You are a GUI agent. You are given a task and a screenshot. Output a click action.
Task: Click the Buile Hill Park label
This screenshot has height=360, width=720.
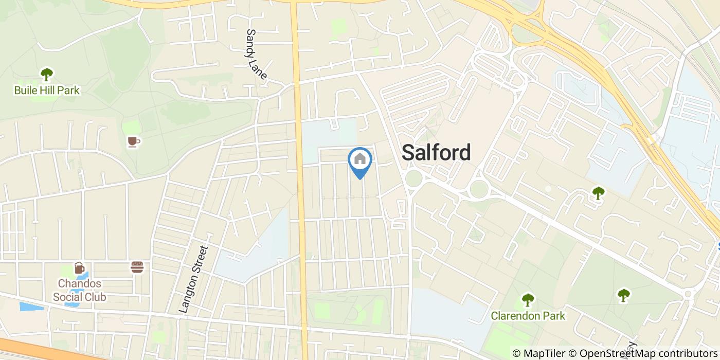47,91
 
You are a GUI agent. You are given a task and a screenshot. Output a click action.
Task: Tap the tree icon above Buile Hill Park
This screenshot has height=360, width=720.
47,74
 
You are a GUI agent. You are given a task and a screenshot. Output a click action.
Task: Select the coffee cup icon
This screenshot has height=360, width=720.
133,141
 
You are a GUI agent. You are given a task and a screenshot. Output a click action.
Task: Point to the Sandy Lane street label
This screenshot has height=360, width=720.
256,54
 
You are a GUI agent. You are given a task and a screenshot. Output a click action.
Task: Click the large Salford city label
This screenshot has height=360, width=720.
436,153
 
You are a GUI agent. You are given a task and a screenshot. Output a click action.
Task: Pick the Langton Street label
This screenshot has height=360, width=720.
193,279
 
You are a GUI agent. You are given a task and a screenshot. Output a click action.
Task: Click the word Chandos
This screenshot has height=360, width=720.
79,283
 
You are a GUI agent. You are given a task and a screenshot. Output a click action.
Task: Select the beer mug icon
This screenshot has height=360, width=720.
79,268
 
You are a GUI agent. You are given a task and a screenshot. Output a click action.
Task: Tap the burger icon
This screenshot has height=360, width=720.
137,267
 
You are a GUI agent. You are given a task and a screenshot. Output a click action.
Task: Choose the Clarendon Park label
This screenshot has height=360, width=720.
528,315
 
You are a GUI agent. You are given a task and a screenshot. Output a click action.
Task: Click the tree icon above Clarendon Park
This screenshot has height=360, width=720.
528,299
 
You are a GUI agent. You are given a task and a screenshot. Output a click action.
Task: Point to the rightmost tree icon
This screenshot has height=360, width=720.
623,295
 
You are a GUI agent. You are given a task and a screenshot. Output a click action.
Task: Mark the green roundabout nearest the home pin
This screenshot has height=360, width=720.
413,179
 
